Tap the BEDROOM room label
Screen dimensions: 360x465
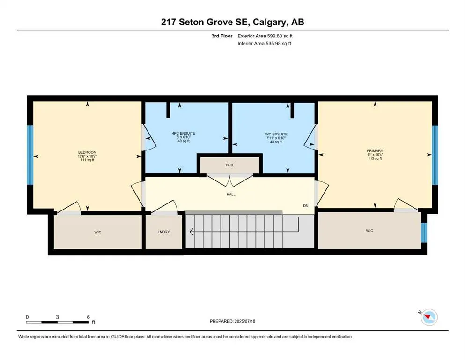(x=87, y=152)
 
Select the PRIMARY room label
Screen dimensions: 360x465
(x=375, y=150)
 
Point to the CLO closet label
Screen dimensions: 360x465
(x=229, y=165)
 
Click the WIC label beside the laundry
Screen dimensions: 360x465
(x=98, y=232)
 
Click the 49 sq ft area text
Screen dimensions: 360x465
(x=183, y=142)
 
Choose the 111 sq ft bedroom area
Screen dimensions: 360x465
(x=87, y=161)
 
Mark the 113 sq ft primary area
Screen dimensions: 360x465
(x=375, y=159)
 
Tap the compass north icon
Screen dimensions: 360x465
(x=428, y=317)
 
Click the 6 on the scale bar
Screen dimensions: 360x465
(x=88, y=317)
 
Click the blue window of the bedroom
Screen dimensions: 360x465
(x=30, y=156)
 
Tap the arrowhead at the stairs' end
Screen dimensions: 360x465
(x=192, y=231)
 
